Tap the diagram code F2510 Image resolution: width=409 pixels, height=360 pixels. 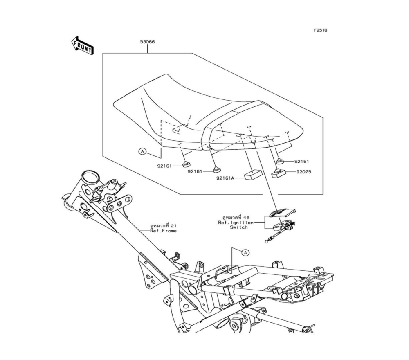tap(321, 30)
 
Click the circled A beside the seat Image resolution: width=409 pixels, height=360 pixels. tap(142, 152)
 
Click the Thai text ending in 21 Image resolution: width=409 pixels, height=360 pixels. tap(164, 225)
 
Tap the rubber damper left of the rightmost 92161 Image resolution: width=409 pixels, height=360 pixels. tap(280, 161)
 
